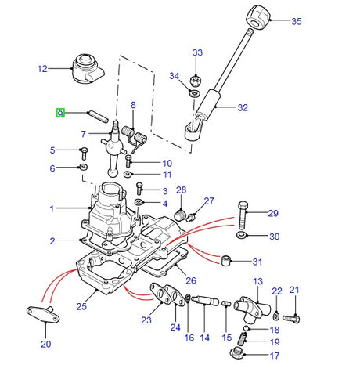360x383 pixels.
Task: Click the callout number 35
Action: (x=296, y=21)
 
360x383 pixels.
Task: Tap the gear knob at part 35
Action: (x=259, y=15)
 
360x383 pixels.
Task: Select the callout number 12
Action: (x=42, y=69)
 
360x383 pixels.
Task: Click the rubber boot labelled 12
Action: (x=85, y=70)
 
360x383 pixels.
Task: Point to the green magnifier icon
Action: (x=60, y=114)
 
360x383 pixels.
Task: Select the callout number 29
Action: (x=273, y=214)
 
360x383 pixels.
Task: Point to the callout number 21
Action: (x=294, y=291)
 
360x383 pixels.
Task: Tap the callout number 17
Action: (x=273, y=355)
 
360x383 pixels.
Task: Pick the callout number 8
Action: (x=132, y=105)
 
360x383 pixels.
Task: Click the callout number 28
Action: (x=181, y=190)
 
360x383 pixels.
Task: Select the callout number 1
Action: (x=52, y=208)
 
